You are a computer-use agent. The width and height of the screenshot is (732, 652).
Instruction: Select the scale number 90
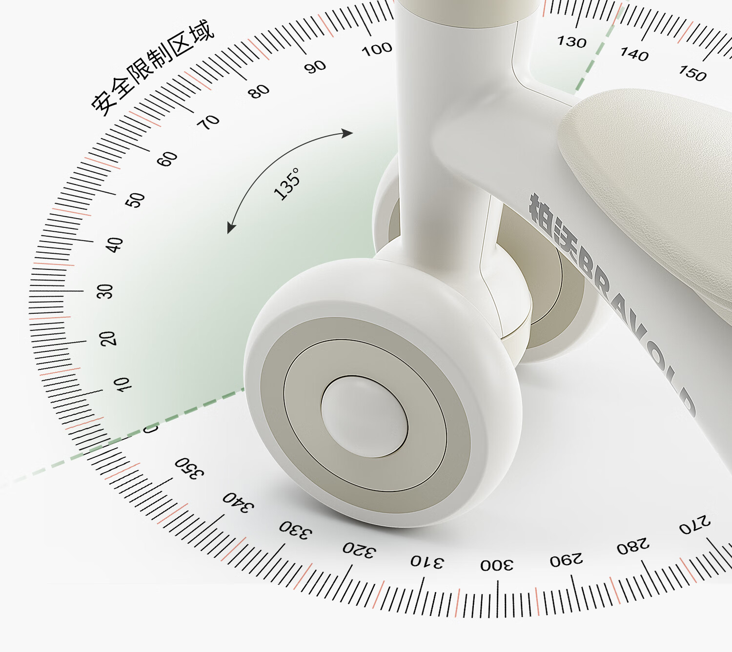(x=315, y=67)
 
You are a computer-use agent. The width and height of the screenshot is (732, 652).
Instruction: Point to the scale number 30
(x=105, y=291)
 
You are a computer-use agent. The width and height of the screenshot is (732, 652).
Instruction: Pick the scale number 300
(x=497, y=565)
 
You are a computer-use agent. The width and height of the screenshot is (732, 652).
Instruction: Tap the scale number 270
(x=695, y=525)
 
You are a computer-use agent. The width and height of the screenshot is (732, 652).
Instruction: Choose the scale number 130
(x=571, y=42)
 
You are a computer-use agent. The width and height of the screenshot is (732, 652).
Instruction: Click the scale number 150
(x=692, y=73)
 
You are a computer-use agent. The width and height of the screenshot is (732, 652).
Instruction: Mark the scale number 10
(x=122, y=385)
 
